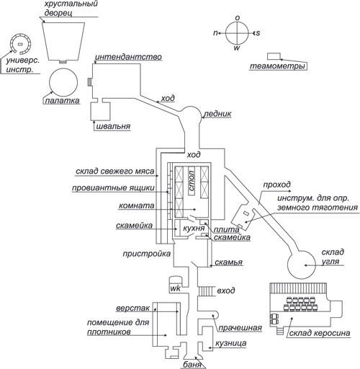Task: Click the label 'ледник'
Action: click(217, 114)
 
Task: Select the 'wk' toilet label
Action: click(175, 288)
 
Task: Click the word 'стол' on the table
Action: click(192, 180)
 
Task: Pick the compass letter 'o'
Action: click(237, 18)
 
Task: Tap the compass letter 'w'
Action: click(237, 48)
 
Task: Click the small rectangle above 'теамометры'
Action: click(274, 56)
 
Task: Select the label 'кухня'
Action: click(194, 228)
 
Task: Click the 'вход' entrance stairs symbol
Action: click(206, 291)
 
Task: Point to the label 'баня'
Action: click(192, 365)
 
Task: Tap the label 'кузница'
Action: click(230, 343)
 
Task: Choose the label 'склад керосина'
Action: click(320, 333)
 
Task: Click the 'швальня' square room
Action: click(100, 111)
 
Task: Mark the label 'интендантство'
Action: click(128, 57)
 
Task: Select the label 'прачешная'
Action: click(240, 328)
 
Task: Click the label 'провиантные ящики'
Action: click(113, 188)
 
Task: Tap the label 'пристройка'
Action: click(147, 254)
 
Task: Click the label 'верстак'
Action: click(133, 308)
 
